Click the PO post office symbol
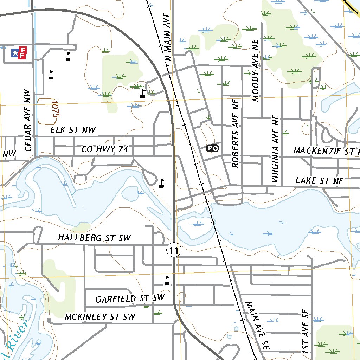(x=212, y=148)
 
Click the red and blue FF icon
(x=18, y=53)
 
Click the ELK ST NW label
(x=73, y=130)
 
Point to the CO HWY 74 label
(x=104, y=150)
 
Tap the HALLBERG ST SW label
(x=95, y=238)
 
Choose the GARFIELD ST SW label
(x=130, y=299)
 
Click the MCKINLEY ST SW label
(x=100, y=317)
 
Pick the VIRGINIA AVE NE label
(x=275, y=149)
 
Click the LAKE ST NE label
(x=319, y=181)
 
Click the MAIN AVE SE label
(x=257, y=326)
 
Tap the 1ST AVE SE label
(x=305, y=332)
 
